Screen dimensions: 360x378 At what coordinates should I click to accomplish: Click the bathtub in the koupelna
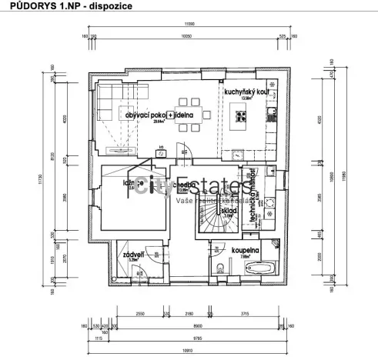click(x=259, y=268)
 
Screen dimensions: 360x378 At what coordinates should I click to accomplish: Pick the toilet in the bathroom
click(x=220, y=268)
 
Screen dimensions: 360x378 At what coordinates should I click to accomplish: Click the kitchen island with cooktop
click(x=240, y=118)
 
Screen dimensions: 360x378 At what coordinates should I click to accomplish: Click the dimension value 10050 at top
click(x=186, y=35)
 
